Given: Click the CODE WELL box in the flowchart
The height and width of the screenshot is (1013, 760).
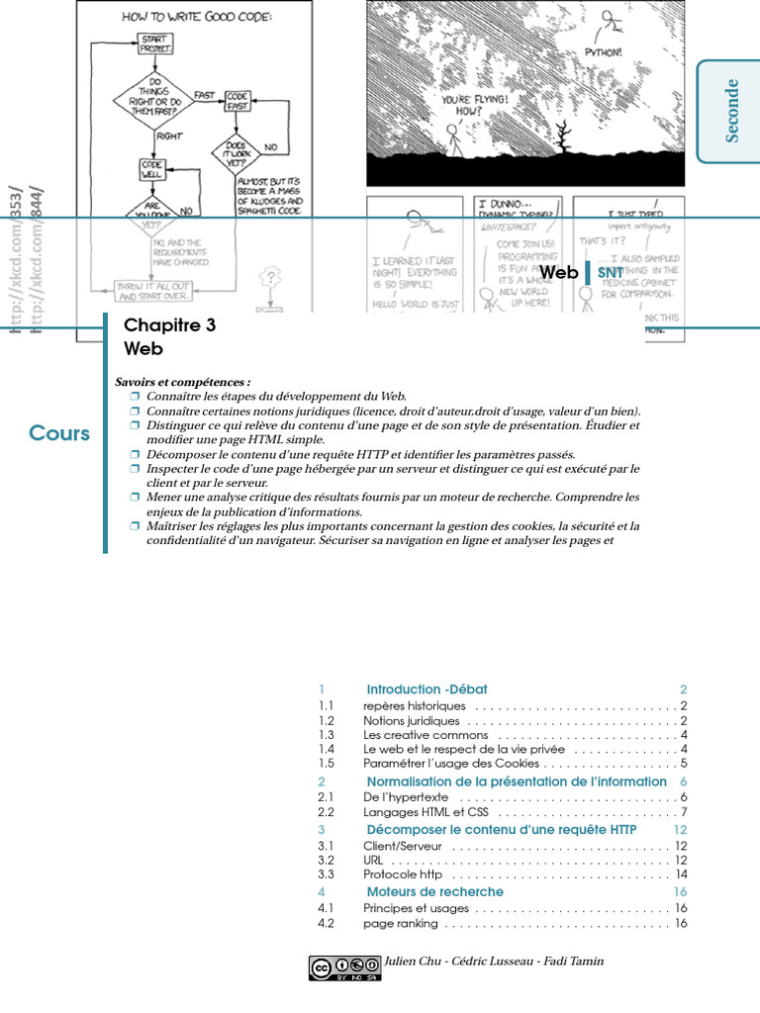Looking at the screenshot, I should coord(151,169).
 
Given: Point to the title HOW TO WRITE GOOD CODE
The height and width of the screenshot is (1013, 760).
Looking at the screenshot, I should coord(197,17).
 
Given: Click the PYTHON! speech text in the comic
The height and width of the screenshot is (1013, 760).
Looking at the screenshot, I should coord(604,52).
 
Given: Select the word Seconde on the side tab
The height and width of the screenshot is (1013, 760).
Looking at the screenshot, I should coord(732,111).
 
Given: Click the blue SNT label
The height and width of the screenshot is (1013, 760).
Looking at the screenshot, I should coord(611,273).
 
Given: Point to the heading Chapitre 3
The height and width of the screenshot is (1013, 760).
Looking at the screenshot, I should coord(169,325).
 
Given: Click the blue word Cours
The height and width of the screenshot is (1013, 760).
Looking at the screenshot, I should coord(59,433).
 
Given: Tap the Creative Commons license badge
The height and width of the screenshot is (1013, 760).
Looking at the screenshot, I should coord(344,967).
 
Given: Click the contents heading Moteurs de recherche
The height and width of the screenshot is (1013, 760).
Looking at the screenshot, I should coord(434,892).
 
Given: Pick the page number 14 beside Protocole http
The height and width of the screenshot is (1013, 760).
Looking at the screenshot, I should coord(681,875).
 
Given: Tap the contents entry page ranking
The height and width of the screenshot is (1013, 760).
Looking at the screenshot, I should coord(400,923).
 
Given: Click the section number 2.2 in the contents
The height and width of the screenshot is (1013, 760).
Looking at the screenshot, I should coord(328,812).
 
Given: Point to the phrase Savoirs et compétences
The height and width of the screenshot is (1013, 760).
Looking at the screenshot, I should coord(183,382).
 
